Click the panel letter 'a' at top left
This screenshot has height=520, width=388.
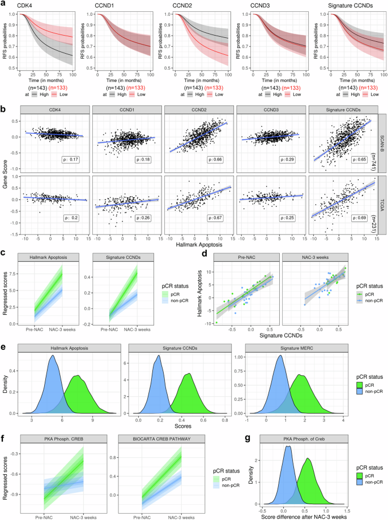pos(4,5)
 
